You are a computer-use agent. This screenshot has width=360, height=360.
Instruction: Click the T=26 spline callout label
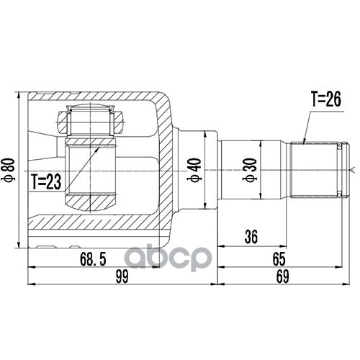326,99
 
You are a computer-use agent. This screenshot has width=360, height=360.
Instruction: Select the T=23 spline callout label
46,181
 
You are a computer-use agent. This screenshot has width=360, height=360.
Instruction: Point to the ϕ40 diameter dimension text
194,170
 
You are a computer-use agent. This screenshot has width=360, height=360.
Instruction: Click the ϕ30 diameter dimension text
250,170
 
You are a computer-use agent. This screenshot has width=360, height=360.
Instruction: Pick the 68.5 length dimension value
93,259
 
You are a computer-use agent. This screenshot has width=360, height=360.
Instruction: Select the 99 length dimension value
122,276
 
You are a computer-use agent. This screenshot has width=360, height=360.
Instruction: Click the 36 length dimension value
251,237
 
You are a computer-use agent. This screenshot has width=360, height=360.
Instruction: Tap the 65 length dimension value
279,259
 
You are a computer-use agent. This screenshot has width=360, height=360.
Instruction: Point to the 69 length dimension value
282,276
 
